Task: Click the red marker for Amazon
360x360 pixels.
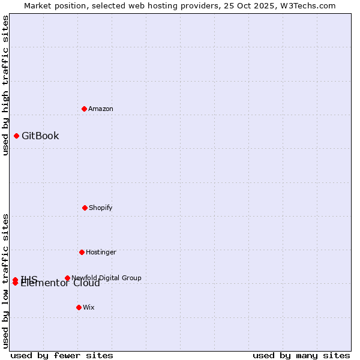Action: click(85, 109)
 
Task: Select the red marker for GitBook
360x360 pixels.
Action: click(17, 136)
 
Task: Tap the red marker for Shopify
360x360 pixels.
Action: click(85, 208)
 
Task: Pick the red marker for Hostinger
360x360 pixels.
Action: click(82, 252)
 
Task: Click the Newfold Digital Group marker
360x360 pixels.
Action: click(67, 278)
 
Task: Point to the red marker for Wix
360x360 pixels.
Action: click(79, 307)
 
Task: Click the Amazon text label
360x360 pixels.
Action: click(101, 109)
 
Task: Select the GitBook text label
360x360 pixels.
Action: click(40, 136)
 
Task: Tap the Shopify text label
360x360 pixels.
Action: click(101, 208)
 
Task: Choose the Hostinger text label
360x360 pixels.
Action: click(101, 252)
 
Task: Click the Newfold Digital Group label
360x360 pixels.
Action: click(106, 278)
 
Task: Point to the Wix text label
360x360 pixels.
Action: click(89, 307)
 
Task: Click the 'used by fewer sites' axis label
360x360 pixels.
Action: click(62, 355)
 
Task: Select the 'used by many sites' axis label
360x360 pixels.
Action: click(301, 355)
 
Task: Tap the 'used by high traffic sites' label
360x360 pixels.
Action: click(5, 85)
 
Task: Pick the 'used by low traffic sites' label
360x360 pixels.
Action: click(5, 281)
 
